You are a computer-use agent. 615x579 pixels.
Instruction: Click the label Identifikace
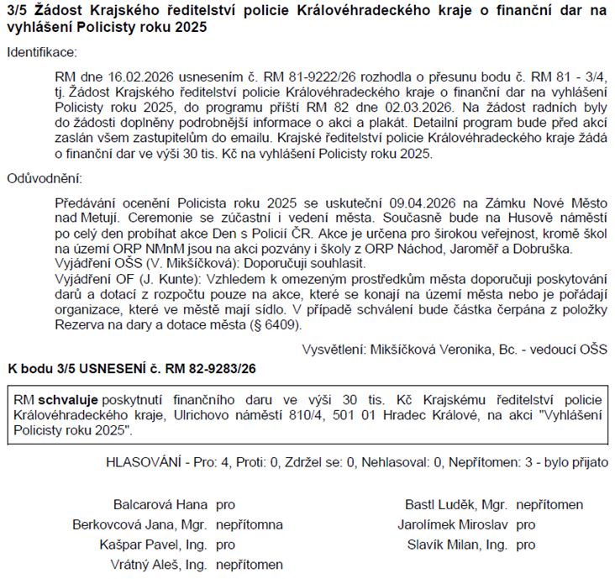[x=40, y=52]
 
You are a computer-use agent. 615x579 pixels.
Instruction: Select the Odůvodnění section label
[x=42, y=178]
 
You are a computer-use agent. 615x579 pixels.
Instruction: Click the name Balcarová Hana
[x=160, y=505]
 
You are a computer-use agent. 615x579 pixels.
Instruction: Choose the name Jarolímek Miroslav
[x=457, y=524]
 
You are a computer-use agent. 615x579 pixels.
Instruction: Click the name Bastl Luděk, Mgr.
[x=456, y=505]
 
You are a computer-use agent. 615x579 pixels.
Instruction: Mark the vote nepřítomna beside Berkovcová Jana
[x=250, y=524]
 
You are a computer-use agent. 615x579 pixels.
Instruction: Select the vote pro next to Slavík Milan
[x=526, y=545]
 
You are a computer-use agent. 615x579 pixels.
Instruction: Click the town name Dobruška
[x=543, y=249]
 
